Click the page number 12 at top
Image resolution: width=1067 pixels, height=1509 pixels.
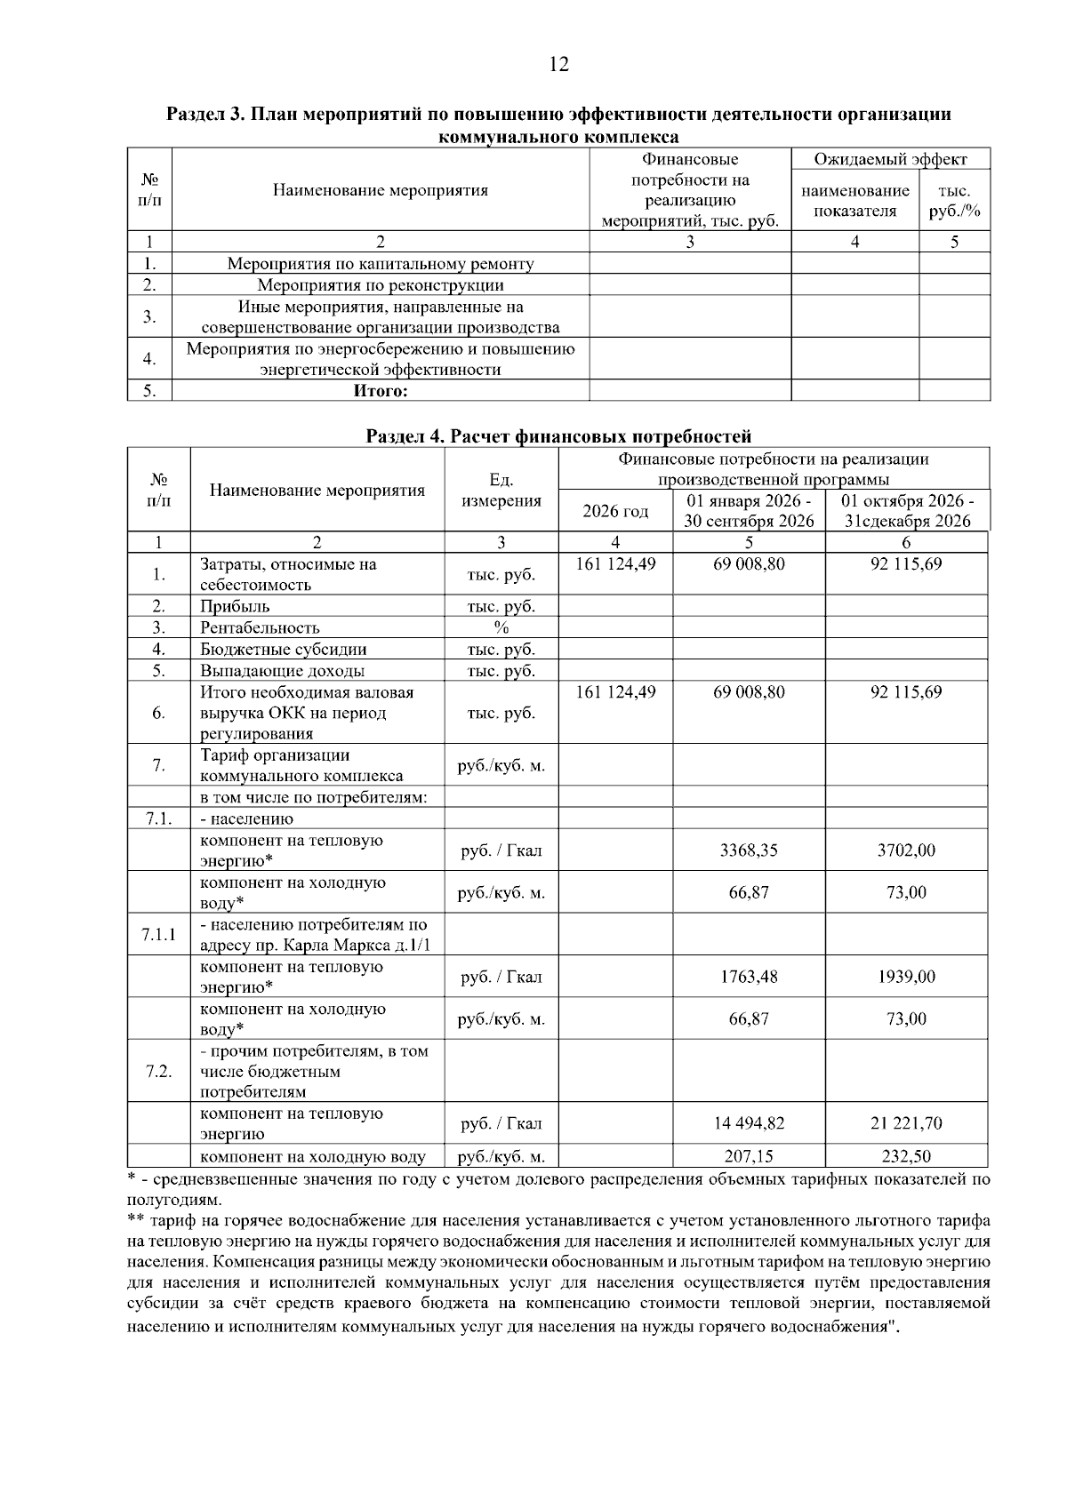[x=559, y=64]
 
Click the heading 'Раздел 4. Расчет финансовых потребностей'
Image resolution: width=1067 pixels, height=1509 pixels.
[x=558, y=436]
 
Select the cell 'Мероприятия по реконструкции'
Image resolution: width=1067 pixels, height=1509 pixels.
[x=381, y=285]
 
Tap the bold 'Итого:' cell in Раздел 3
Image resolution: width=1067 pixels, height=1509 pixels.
[x=381, y=390]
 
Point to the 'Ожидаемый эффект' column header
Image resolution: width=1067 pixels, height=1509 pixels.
[x=890, y=159]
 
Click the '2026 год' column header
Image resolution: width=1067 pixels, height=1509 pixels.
[x=615, y=511]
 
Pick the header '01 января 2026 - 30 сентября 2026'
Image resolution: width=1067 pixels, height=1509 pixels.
[x=749, y=511]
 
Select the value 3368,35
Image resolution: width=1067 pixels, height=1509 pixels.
[x=749, y=850]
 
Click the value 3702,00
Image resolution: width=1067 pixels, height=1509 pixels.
[x=906, y=850]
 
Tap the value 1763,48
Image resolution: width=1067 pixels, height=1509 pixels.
[x=749, y=977]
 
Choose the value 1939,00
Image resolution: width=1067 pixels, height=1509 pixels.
[x=906, y=977]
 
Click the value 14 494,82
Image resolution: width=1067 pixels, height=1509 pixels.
[x=749, y=1123]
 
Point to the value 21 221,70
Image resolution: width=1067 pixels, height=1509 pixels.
[x=906, y=1123]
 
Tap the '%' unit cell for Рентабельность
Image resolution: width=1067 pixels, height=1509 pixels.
[x=501, y=628]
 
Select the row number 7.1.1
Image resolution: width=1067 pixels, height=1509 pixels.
[x=158, y=934]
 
